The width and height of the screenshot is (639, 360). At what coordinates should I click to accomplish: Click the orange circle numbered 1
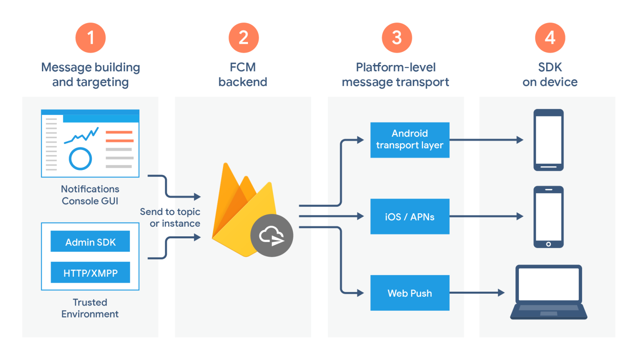90,38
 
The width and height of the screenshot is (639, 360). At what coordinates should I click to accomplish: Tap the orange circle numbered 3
397,38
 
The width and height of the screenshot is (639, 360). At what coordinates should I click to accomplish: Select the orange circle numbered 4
550,38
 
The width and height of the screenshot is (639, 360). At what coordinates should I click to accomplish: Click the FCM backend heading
243,75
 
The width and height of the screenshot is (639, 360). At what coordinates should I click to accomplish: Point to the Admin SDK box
90,242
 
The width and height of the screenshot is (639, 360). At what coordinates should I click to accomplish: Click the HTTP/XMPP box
90,273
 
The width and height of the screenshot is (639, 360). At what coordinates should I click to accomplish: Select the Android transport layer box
410,140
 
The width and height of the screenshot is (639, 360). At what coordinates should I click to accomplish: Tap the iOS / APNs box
410,217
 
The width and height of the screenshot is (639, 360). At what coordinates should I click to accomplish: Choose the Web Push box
410,293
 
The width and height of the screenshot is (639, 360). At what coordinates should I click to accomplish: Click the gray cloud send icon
272,235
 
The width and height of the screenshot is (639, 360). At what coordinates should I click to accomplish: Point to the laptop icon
548,292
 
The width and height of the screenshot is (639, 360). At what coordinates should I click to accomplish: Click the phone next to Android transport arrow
548,140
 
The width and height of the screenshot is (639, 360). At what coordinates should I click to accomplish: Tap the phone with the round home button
548,217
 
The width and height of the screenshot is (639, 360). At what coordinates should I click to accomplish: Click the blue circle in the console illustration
80,159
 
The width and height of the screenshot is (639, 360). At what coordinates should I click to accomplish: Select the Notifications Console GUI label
90,195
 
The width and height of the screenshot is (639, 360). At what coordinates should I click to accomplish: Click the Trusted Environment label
90,308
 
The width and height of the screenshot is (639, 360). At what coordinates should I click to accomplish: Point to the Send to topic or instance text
170,217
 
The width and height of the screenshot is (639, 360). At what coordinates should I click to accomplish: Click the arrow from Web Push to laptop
476,293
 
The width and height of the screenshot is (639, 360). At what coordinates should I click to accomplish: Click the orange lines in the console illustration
119,136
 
